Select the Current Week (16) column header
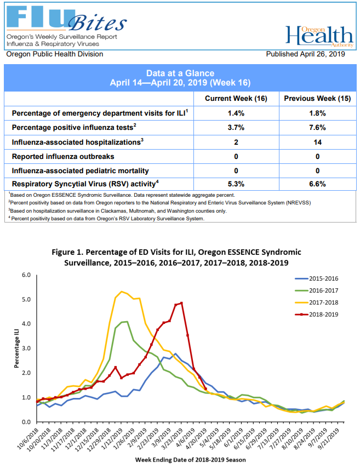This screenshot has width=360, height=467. pyautogui.click(x=236, y=98)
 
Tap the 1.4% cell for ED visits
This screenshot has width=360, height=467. pyautogui.click(x=236, y=113)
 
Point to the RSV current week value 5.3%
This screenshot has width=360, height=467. pyautogui.click(x=236, y=184)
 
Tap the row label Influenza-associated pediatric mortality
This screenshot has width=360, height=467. pyautogui.click(x=80, y=170)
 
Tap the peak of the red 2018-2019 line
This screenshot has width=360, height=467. pyautogui.click(x=181, y=303)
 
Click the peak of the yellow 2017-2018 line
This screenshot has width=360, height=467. pyautogui.click(x=122, y=292)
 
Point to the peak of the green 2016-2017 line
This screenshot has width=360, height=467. pyautogui.click(x=127, y=322)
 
